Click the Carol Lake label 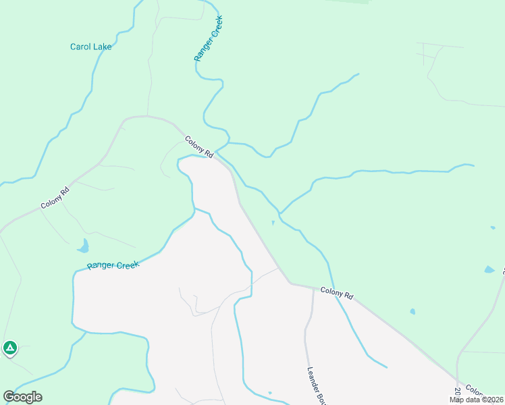[91, 47]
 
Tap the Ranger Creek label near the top [209, 40]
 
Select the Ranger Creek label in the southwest [113, 265]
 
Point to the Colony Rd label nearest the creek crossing [199, 147]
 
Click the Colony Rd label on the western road [55, 196]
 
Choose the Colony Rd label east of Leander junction [337, 293]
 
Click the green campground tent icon [9, 348]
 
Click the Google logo [22, 397]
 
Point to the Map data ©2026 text [476, 400]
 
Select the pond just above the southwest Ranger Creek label [83, 246]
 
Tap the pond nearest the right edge [489, 270]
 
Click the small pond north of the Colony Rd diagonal [412, 312]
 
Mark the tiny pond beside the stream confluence [273, 222]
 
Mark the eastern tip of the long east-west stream [473, 165]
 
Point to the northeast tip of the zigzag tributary [358, 74]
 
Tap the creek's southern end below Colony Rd [387, 367]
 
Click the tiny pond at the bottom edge [269, 393]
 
